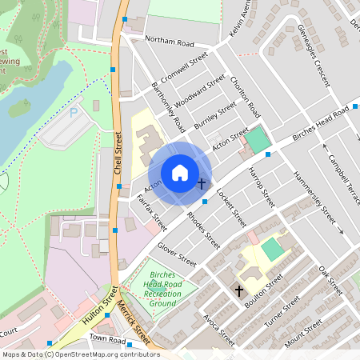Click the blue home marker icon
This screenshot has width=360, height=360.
click(180, 172)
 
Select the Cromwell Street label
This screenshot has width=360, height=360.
click(184, 69)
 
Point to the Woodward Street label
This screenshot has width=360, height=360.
click(199, 91)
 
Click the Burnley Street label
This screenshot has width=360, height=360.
click(216, 114)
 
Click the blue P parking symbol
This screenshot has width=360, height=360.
click(74, 114)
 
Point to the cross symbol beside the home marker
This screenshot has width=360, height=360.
click(201, 184)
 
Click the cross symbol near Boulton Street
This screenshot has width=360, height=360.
click(238, 291)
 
